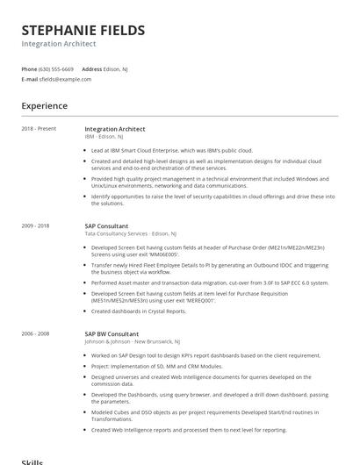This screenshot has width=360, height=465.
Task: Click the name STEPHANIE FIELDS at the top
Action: pos(83,31)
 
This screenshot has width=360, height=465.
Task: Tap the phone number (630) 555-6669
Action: pos(56,68)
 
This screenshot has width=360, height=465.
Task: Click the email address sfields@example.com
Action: pos(65,79)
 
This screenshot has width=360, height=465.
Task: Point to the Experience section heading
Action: pos(45,106)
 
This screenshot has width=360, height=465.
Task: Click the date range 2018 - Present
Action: pos(39,129)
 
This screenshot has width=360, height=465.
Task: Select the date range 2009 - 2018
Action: pos(36,226)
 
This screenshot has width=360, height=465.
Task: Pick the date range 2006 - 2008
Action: pos(36,334)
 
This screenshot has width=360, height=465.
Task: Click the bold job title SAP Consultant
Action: pos(106,226)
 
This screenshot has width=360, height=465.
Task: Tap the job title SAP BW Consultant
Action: pos(112,334)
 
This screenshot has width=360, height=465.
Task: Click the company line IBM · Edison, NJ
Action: pos(106,137)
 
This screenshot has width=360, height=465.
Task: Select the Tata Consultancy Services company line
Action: pos(130,234)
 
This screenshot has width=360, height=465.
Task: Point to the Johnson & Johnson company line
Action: pos(133,342)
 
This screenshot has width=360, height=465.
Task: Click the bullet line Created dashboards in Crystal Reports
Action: pos(139,311)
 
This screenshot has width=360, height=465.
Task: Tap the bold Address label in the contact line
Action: pos(92,68)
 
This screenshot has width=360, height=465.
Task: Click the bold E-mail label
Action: pos(30,79)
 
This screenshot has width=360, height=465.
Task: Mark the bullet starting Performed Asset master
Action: pos(210,283)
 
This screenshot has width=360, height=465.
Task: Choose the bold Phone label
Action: pos(29,68)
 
